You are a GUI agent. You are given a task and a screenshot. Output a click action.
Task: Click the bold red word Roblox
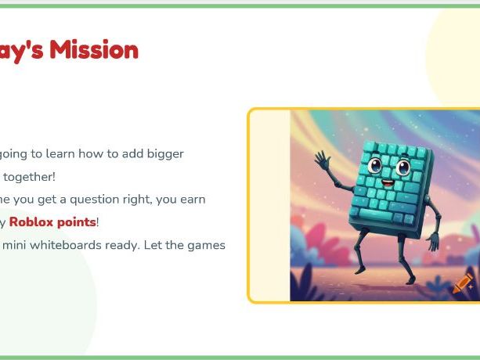31,222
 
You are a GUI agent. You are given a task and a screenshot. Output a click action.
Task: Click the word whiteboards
66,245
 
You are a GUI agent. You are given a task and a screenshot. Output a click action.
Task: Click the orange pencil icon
462,283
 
